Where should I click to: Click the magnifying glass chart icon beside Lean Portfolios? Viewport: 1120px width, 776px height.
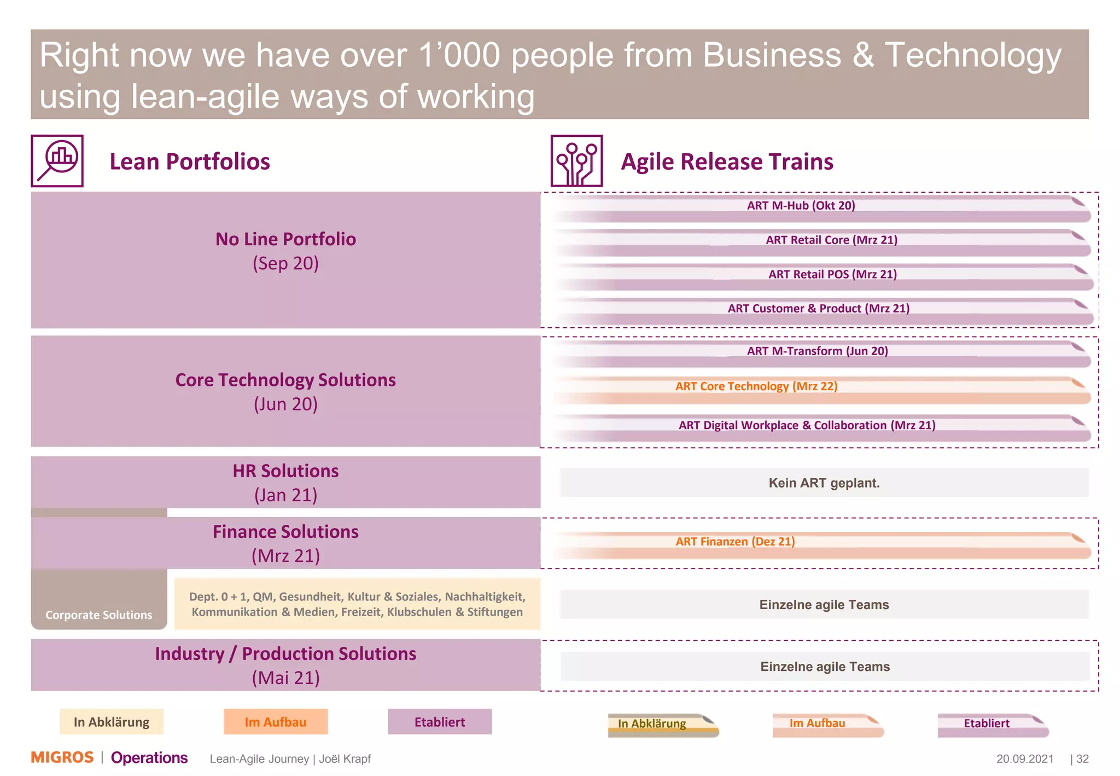pyautogui.click(x=57, y=161)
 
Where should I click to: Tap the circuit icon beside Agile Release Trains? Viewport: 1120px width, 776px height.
pyautogui.click(x=576, y=161)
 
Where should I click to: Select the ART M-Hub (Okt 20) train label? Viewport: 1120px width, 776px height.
pyautogui.click(x=801, y=206)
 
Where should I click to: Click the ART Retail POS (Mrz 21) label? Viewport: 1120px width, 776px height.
pyautogui.click(x=832, y=274)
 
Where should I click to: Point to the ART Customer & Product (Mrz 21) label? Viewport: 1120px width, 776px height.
pyautogui.click(x=818, y=309)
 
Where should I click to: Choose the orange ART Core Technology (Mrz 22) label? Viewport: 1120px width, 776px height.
pyautogui.click(x=756, y=386)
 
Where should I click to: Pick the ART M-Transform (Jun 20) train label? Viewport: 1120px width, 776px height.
pyautogui.click(x=817, y=351)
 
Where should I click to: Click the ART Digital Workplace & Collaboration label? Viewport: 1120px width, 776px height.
pyautogui.click(x=807, y=425)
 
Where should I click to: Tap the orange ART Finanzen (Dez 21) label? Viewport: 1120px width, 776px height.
pyautogui.click(x=734, y=542)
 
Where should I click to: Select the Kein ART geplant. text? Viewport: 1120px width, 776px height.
pyautogui.click(x=824, y=483)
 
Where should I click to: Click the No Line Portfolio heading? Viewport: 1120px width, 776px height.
pyautogui.click(x=285, y=239)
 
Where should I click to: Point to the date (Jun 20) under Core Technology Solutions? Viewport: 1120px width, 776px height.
pyautogui.click(x=285, y=404)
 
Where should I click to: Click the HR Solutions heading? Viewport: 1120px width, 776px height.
pyautogui.click(x=285, y=471)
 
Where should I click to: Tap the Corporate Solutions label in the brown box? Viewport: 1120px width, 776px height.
pyautogui.click(x=99, y=615)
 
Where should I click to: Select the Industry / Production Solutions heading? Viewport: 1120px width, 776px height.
pyautogui.click(x=285, y=654)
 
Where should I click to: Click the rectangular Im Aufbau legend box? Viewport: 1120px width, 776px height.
pyautogui.click(x=276, y=722)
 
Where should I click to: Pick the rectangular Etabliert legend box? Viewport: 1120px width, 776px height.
pyautogui.click(x=440, y=722)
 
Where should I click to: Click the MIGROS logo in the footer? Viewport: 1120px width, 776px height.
pyautogui.click(x=62, y=757)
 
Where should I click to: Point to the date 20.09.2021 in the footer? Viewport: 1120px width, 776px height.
pyautogui.click(x=1024, y=759)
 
